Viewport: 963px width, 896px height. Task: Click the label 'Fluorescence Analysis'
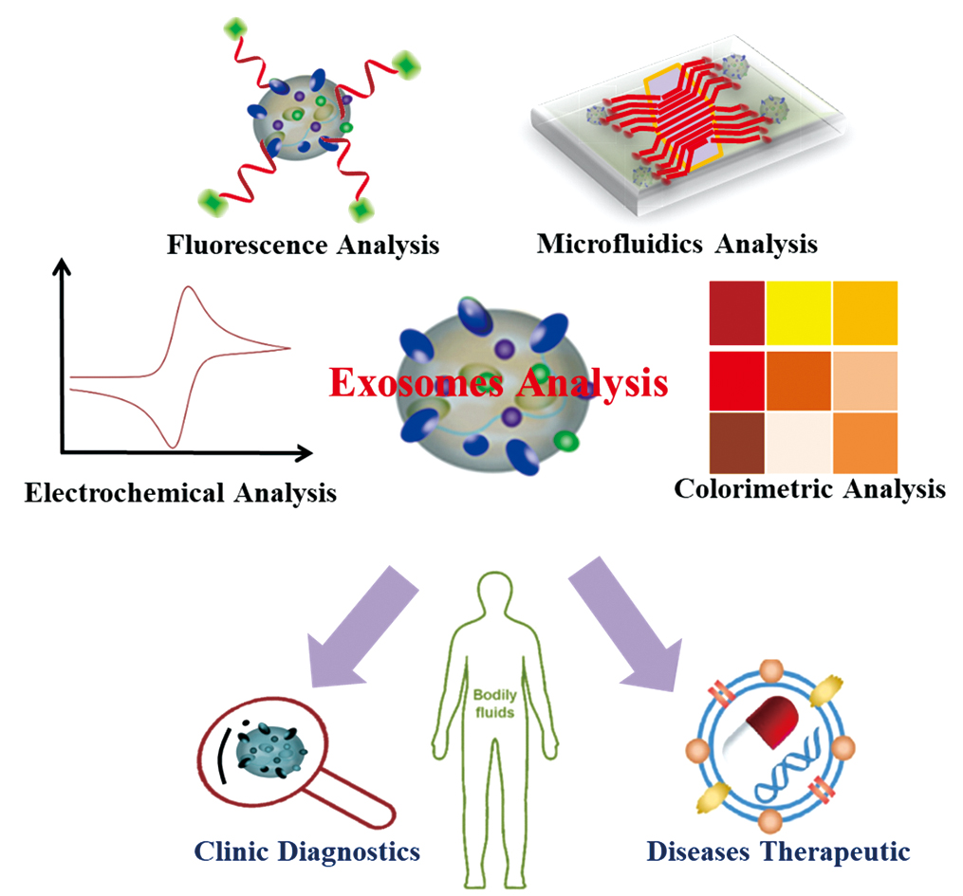pyautogui.click(x=303, y=246)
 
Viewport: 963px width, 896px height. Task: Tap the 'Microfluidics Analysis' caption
pyautogui.click(x=676, y=244)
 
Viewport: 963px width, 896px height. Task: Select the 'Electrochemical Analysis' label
pyautogui.click(x=180, y=493)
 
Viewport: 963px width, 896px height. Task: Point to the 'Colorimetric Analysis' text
pyautogui.click(x=809, y=489)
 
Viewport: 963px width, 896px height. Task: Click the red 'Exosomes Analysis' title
pyautogui.click(x=499, y=384)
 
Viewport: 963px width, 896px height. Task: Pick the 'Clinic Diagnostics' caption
pyautogui.click(x=307, y=851)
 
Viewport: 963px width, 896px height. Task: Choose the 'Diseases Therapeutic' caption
pyautogui.click(x=778, y=851)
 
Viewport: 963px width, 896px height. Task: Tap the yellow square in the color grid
pyautogui.click(x=798, y=313)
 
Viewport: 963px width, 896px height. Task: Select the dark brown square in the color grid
pyautogui.click(x=735, y=445)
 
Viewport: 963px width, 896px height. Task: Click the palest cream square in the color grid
pyautogui.click(x=798, y=445)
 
